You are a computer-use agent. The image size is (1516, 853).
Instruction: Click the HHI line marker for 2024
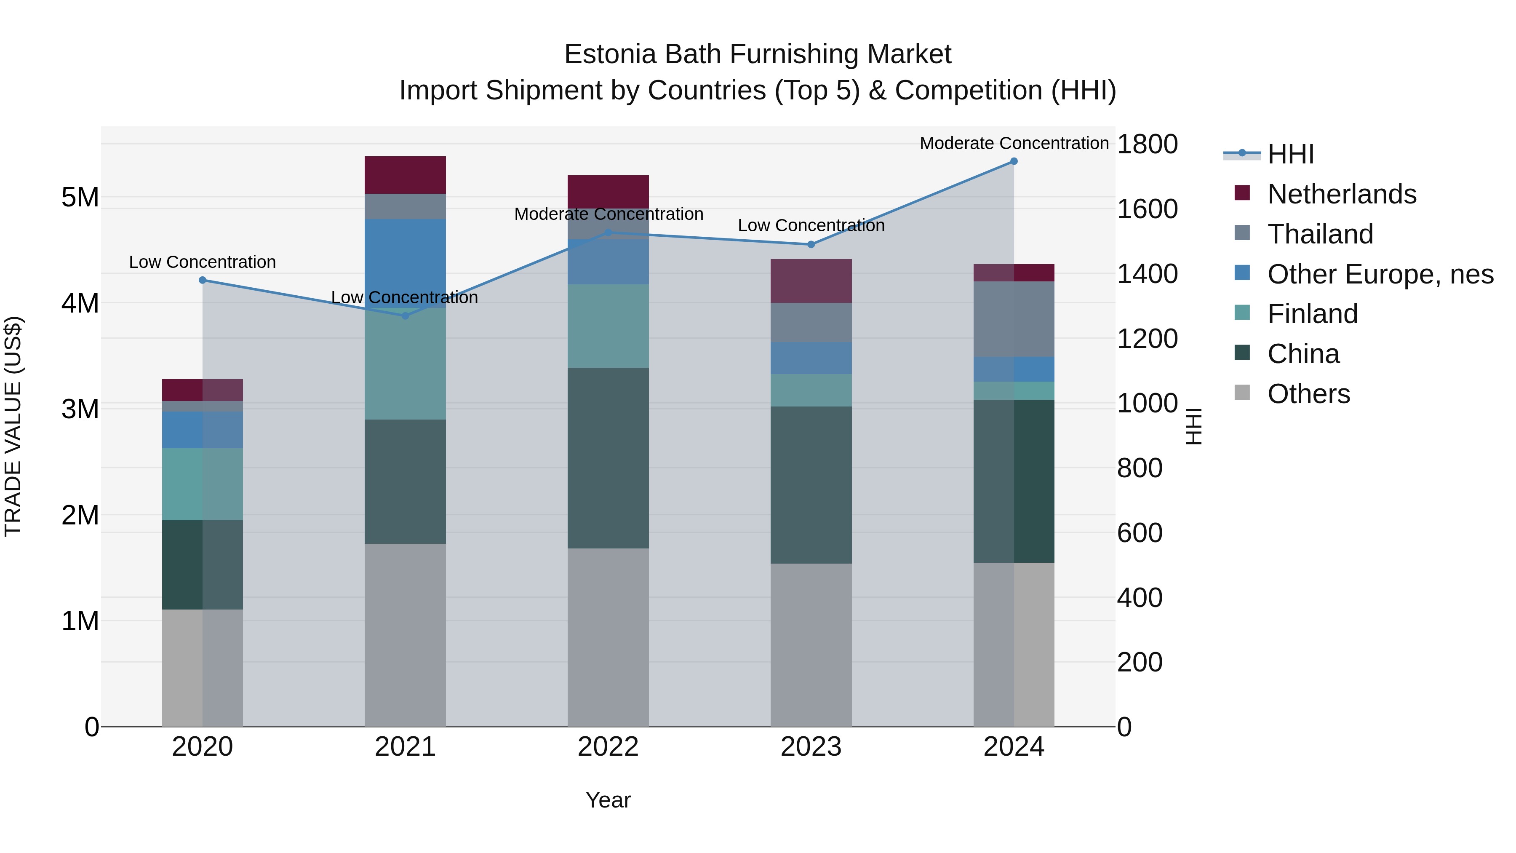[1014, 161]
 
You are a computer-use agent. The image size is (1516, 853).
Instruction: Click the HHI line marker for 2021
[405, 316]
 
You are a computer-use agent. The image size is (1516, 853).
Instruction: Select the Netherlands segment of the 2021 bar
[405, 175]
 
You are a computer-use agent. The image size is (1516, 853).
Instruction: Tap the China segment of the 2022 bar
[608, 458]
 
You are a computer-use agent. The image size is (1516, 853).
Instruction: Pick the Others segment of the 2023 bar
[811, 644]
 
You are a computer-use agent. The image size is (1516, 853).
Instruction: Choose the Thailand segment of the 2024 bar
[1014, 319]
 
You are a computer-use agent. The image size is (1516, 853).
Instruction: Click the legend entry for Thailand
[1320, 234]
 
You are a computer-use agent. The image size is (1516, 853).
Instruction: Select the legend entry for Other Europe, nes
[1380, 274]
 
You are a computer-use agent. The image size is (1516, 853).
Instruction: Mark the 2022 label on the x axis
[608, 747]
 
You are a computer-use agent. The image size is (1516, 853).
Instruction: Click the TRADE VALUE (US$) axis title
[13, 426]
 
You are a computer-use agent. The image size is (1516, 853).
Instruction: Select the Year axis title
[608, 800]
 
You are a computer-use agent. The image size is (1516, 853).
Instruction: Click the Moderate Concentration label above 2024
[1014, 143]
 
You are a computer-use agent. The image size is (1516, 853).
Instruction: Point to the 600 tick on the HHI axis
[1140, 533]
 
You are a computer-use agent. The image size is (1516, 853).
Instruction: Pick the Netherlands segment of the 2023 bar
[811, 281]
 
